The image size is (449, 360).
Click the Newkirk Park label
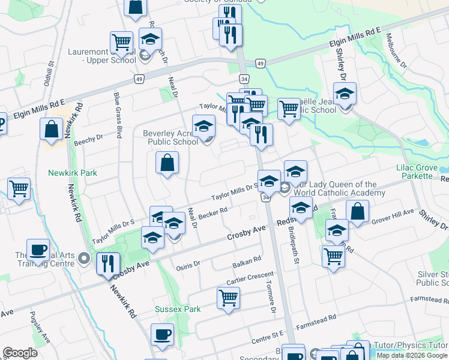72,173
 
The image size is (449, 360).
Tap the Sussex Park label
177,309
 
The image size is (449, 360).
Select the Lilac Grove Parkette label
414,172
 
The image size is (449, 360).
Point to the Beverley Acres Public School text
170,137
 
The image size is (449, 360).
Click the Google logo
20,353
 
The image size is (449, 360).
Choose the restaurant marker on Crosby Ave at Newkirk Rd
108,264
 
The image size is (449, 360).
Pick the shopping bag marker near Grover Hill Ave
357,212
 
